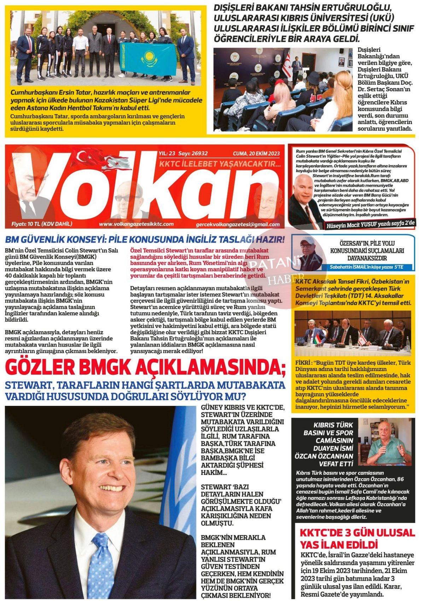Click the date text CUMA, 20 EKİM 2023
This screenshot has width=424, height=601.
click(256, 153)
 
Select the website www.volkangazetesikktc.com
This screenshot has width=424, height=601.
click(136, 224)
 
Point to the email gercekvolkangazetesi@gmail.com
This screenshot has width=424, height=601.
click(237, 224)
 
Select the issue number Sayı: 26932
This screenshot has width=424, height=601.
click(193, 153)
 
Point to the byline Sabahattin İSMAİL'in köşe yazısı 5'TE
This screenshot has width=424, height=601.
click(366, 267)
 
